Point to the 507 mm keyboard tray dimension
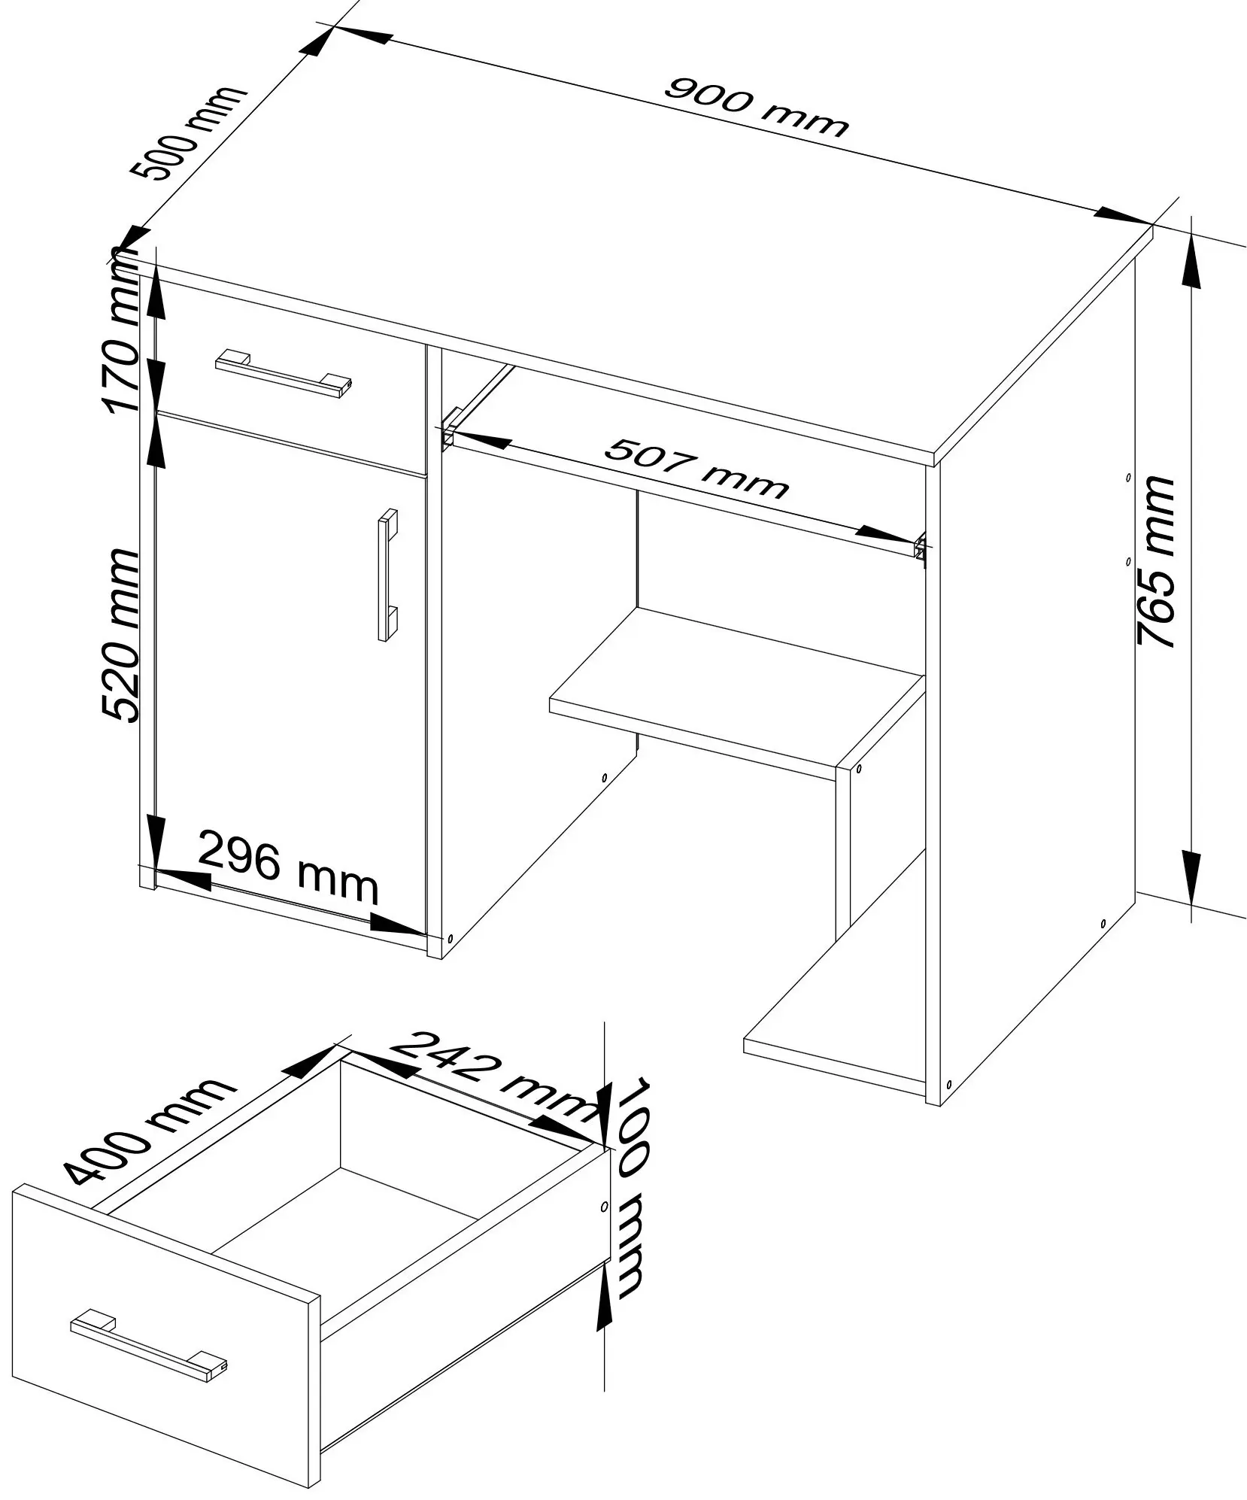[696, 469]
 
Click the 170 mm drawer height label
[122, 330]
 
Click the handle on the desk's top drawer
[284, 372]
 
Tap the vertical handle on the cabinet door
[387, 575]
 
